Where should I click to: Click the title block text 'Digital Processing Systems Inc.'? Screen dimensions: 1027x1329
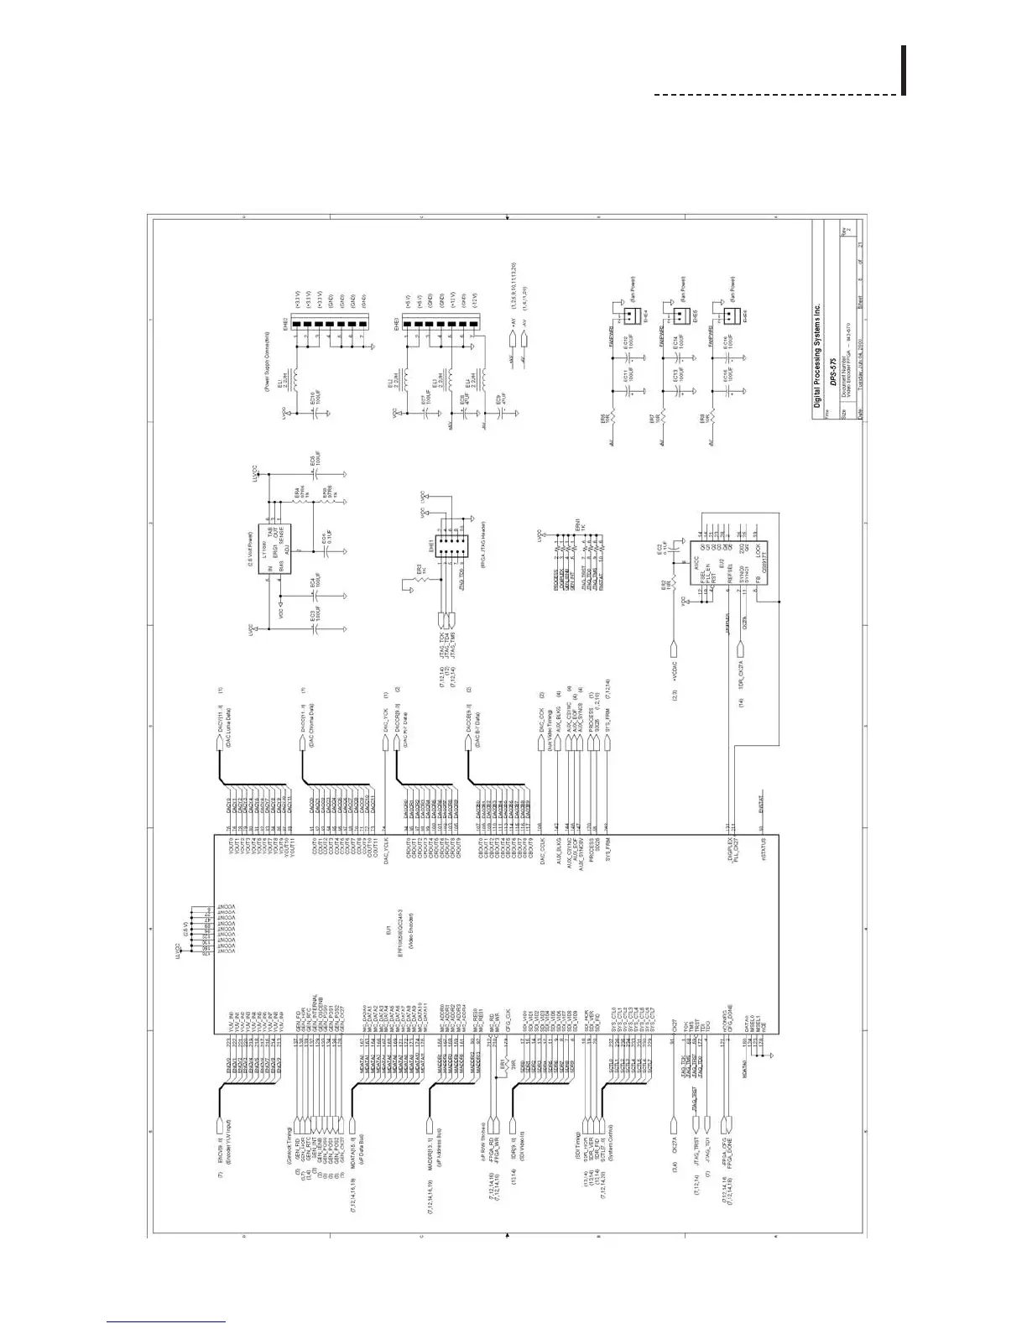point(816,352)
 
